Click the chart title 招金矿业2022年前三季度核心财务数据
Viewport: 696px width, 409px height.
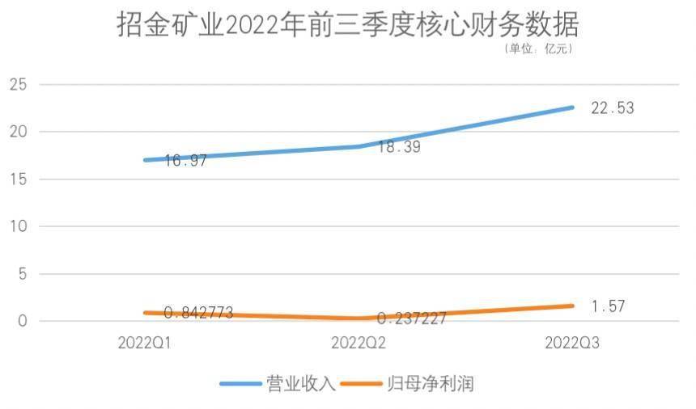(348, 25)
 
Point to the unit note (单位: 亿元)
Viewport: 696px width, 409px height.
(538, 50)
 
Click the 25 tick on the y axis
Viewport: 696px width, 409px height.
(18, 84)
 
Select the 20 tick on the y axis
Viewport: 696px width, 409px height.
(18, 132)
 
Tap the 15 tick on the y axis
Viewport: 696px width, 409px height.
(18, 179)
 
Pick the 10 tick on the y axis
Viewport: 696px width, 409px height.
(18, 226)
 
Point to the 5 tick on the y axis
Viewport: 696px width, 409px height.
(23, 274)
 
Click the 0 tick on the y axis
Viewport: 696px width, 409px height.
(23, 321)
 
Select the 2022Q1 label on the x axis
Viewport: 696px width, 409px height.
(144, 343)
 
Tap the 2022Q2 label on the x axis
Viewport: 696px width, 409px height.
(358, 343)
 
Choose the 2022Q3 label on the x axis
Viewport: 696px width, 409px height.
(572, 343)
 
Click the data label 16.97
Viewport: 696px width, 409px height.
(185, 161)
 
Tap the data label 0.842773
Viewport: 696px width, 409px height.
(198, 313)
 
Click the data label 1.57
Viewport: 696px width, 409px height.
(609, 307)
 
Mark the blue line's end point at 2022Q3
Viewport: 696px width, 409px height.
(572, 108)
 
